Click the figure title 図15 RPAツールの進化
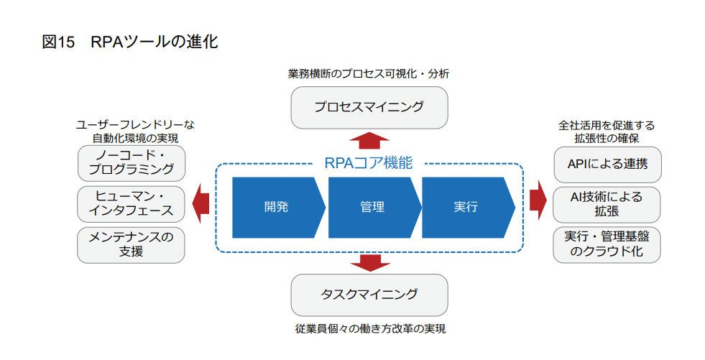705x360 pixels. (130, 42)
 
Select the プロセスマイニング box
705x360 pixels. (369, 108)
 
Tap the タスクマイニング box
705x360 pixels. (369, 295)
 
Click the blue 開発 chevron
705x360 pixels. (278, 207)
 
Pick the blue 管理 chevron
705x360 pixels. (374, 207)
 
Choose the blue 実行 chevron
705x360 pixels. (468, 207)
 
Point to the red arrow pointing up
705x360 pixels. (369, 140)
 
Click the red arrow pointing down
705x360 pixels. (369, 264)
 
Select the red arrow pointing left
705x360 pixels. (201, 203)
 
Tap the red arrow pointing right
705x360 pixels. (538, 200)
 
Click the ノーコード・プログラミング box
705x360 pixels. (132, 163)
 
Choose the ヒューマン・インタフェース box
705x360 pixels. (132, 204)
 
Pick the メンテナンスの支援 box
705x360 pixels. (132, 245)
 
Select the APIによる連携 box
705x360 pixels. (607, 165)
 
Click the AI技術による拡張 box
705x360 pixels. (607, 205)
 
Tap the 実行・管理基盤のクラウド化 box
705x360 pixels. (607, 244)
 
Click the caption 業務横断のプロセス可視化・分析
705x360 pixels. (369, 74)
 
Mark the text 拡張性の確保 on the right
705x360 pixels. (607, 138)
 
